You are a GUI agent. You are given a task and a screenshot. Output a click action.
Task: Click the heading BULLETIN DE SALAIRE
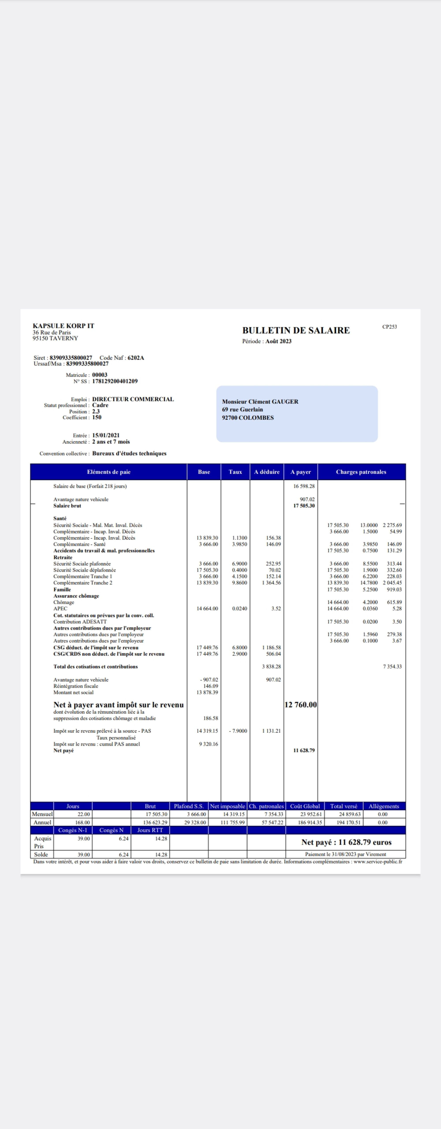click(x=296, y=331)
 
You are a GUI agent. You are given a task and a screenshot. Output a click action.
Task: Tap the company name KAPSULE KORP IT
click(x=63, y=326)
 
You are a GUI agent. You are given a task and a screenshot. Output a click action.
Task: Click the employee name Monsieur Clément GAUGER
click(x=260, y=401)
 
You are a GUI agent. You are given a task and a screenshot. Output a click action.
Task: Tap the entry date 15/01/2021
click(x=106, y=435)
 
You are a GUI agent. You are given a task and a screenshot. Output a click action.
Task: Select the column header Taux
click(x=235, y=472)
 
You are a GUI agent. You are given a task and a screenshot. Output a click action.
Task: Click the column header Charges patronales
click(x=361, y=472)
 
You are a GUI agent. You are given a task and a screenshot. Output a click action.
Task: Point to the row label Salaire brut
click(x=67, y=506)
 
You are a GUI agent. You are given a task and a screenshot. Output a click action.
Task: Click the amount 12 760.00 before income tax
click(x=301, y=705)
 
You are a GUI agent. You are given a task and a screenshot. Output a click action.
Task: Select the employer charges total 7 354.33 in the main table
click(x=392, y=667)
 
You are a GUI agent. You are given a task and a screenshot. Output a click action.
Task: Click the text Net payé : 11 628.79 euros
click(x=346, y=842)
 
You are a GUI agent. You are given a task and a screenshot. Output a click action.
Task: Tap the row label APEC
click(x=61, y=609)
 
